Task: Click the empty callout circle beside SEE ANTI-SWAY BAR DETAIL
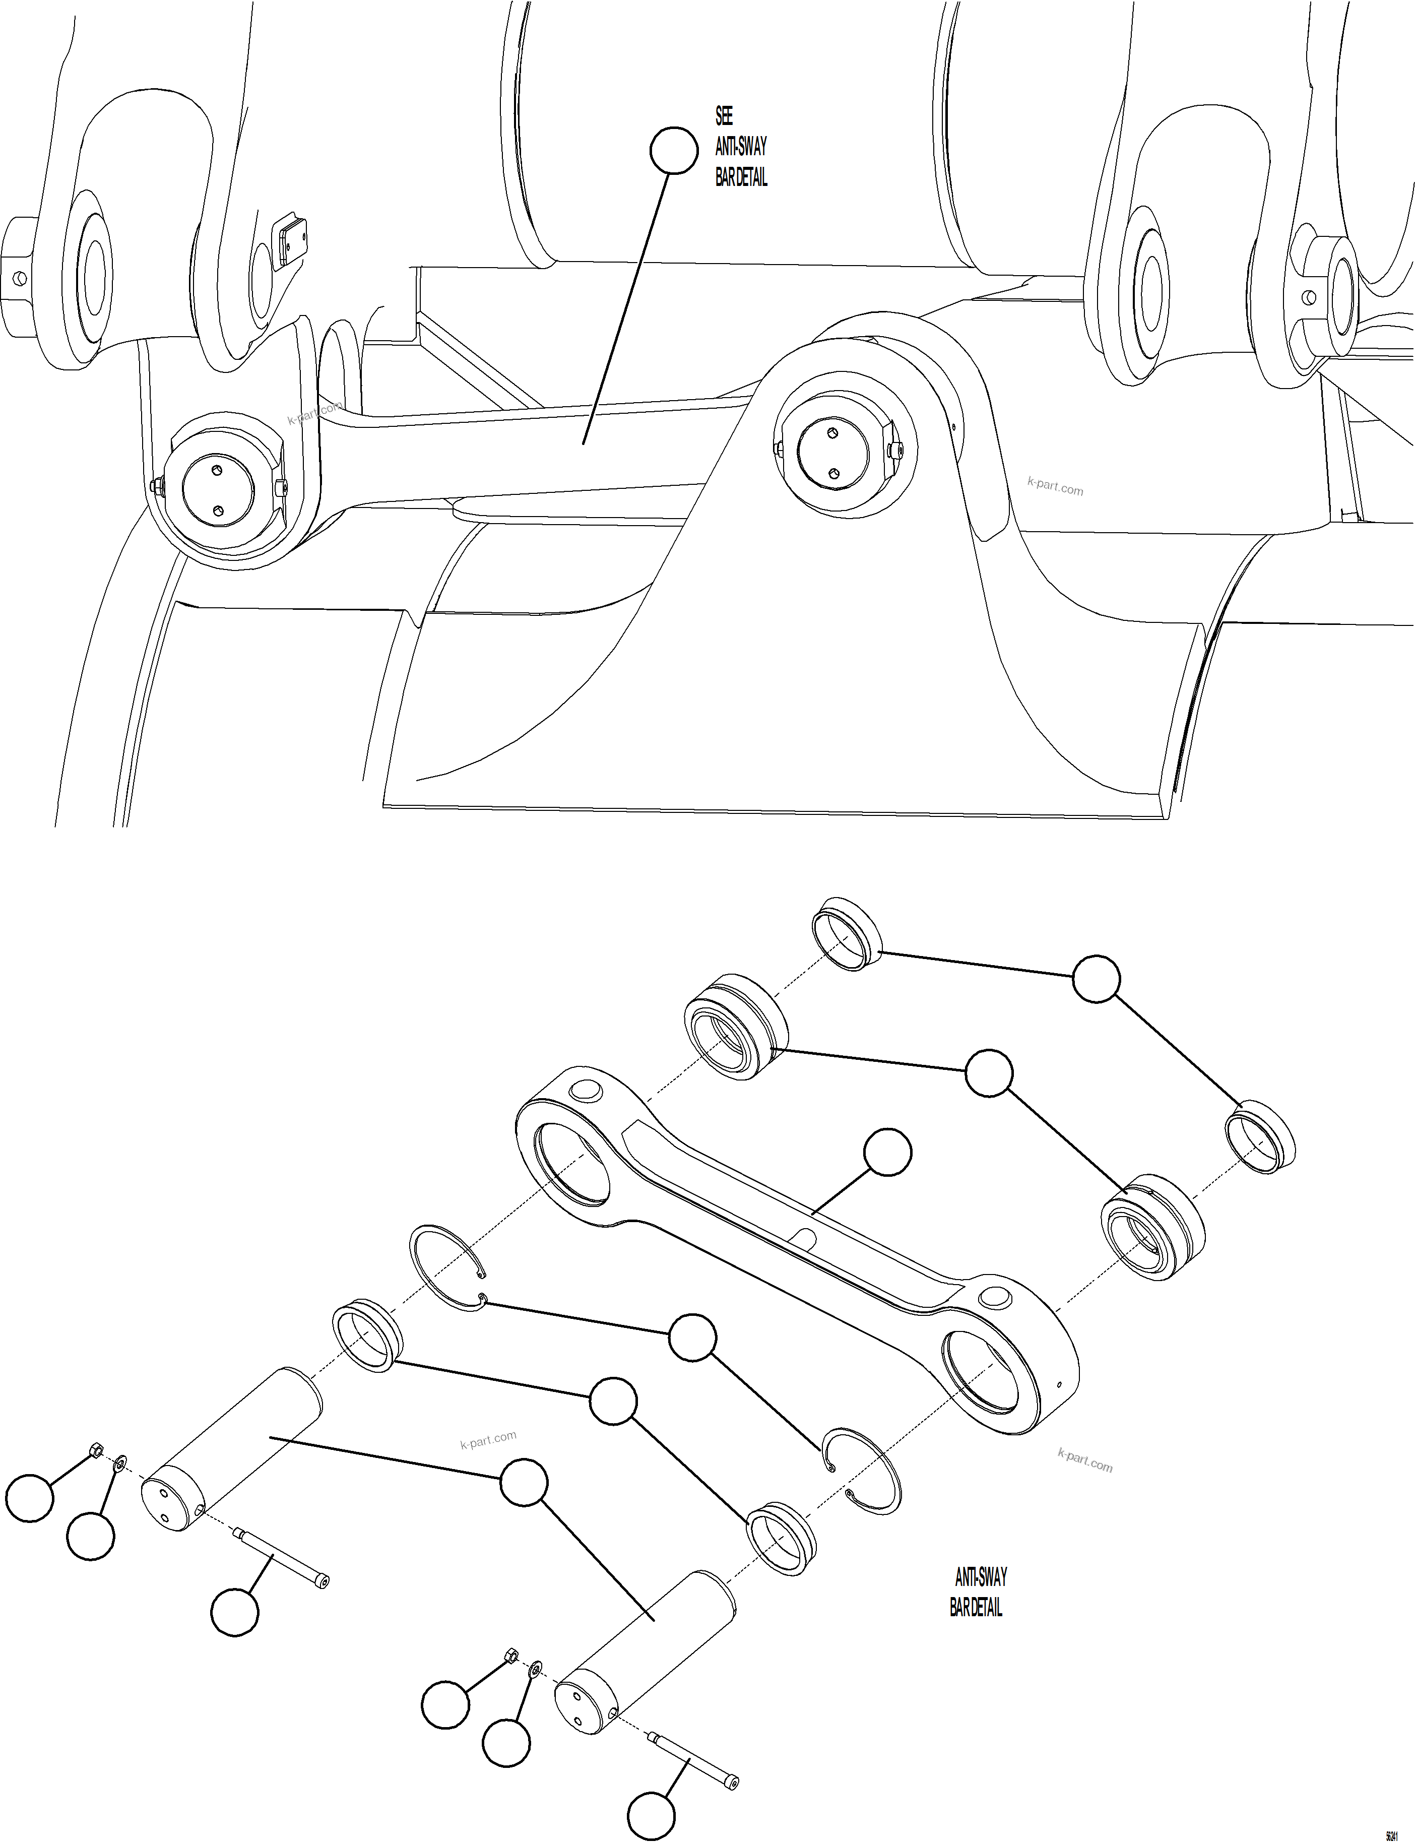click(674, 150)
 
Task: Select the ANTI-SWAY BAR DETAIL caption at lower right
click(978, 1592)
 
